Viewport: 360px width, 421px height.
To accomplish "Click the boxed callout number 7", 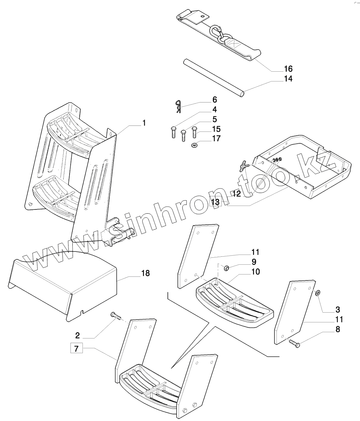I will coord(77,348).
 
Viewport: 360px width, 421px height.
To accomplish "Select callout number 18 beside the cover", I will coord(145,273).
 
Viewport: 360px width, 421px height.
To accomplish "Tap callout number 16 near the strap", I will coord(288,69).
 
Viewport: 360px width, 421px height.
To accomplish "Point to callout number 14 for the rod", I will coord(288,79).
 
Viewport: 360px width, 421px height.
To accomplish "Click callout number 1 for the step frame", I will coord(144,123).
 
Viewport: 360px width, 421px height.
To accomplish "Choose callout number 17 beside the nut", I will coord(216,138).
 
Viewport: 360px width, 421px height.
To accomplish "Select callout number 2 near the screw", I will coord(78,336).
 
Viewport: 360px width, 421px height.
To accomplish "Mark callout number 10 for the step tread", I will coord(255,271).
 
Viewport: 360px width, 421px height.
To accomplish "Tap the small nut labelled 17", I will coord(194,145).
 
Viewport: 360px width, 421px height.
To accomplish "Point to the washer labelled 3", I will coord(317,293).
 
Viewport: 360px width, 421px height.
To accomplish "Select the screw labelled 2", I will coord(116,316).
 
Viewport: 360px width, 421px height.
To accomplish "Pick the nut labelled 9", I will coord(226,268).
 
